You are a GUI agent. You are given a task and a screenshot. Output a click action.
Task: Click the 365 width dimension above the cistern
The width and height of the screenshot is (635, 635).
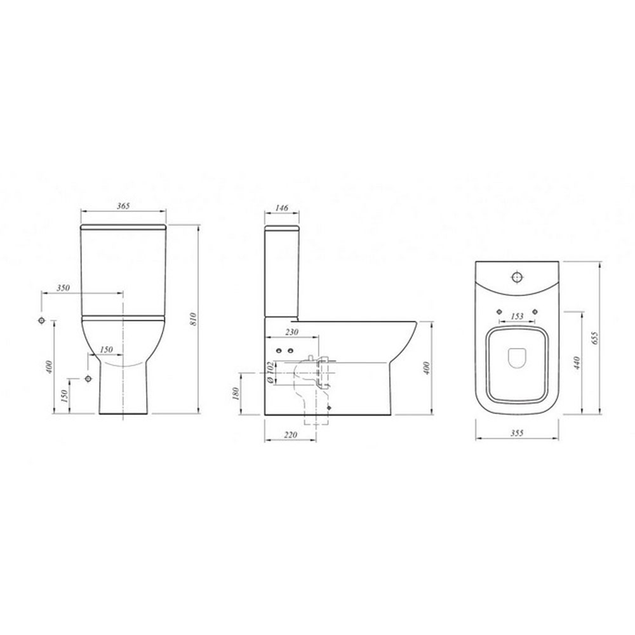[123, 206]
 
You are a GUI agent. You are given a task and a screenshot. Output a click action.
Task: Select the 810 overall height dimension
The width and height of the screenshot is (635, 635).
[193, 319]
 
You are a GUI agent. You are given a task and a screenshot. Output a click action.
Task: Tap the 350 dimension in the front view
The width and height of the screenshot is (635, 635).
[63, 288]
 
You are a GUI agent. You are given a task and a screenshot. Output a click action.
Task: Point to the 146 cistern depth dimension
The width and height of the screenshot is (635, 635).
[281, 208]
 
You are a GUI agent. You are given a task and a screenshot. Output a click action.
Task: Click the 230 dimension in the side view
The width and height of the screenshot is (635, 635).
[291, 332]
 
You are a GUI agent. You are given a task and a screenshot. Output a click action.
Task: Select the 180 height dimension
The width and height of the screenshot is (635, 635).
[236, 393]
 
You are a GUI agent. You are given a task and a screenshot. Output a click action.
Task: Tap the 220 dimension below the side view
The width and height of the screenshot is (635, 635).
[290, 435]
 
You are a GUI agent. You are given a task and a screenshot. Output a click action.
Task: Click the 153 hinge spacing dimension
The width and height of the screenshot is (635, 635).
[517, 316]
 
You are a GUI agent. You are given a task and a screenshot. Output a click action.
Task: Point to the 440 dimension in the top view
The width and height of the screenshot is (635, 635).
[577, 363]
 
